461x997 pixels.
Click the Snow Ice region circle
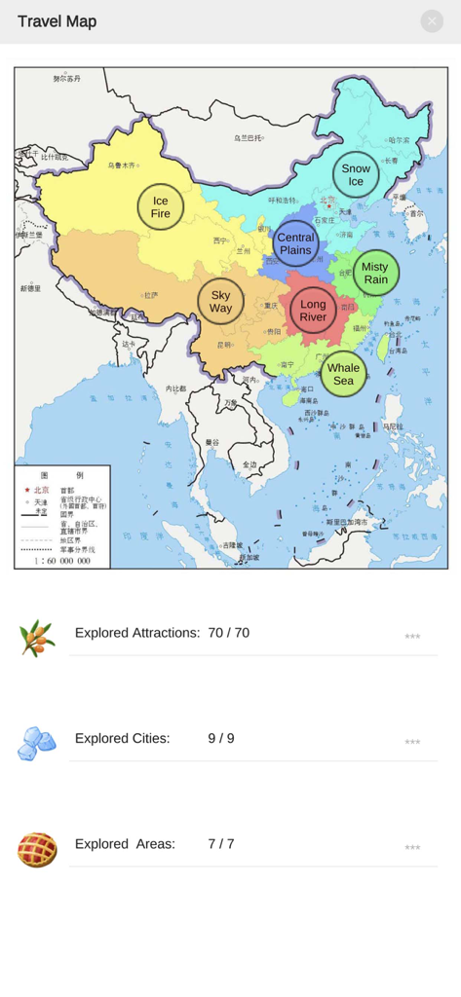(356, 175)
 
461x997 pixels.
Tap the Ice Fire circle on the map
(161, 207)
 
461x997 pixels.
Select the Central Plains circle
(295, 243)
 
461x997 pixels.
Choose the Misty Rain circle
(375, 274)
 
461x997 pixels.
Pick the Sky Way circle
(221, 302)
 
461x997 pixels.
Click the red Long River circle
(313, 311)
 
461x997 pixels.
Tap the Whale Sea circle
(343, 374)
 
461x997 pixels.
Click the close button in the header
(432, 21)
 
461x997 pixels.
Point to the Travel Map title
(57, 21)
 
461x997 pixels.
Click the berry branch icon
(37, 639)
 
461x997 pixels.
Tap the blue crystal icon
(37, 743)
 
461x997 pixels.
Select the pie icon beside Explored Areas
(37, 849)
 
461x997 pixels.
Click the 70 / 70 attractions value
(228, 633)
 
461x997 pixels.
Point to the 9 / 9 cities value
(221, 739)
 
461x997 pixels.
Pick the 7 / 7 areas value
(221, 844)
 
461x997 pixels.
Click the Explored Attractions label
(137, 633)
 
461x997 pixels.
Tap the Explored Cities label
(122, 739)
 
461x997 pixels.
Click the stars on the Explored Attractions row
(412, 637)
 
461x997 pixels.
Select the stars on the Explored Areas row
(412, 848)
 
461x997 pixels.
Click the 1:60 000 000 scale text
(62, 561)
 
